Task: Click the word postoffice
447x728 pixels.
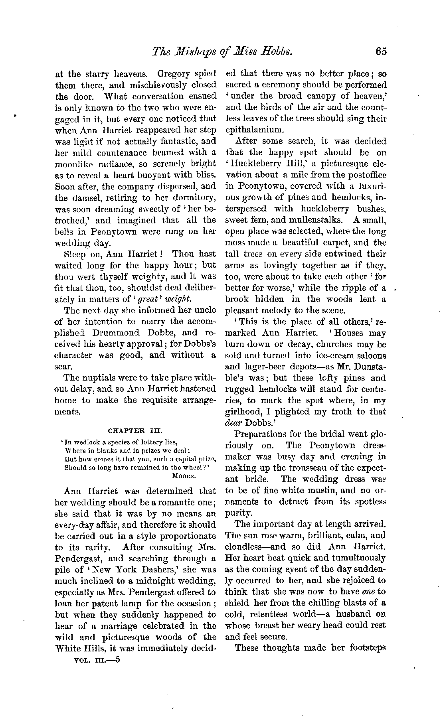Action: [x=364, y=175]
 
